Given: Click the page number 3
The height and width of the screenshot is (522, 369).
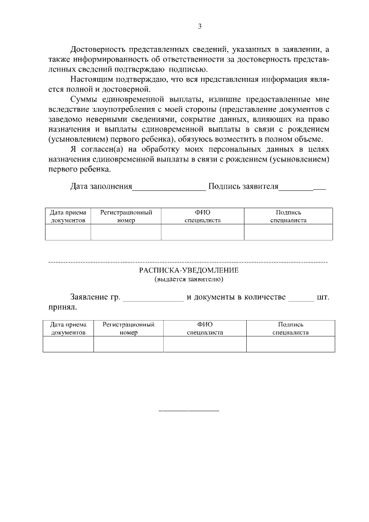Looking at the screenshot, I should point(199,26).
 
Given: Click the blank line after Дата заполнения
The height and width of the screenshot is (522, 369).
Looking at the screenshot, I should point(169,188).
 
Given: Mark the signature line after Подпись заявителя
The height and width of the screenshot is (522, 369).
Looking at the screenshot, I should point(303,188).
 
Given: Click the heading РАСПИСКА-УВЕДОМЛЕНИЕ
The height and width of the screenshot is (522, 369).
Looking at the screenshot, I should point(189,271).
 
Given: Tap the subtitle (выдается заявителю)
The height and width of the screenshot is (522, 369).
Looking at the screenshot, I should point(189,279).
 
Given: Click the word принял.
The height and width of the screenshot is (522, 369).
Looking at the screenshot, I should point(59,309).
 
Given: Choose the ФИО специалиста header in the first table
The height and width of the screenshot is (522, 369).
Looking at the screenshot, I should point(202,216).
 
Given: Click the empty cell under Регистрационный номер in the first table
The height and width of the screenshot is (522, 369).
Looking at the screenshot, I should point(126,232).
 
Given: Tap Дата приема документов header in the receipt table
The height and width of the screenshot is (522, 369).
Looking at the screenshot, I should point(68,328).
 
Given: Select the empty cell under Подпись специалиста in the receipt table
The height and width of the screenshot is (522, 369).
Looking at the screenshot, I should point(290,344).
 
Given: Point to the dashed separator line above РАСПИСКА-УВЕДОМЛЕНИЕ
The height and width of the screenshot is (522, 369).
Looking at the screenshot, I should point(189,262).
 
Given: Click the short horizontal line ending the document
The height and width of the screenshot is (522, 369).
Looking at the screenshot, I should point(189,411).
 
